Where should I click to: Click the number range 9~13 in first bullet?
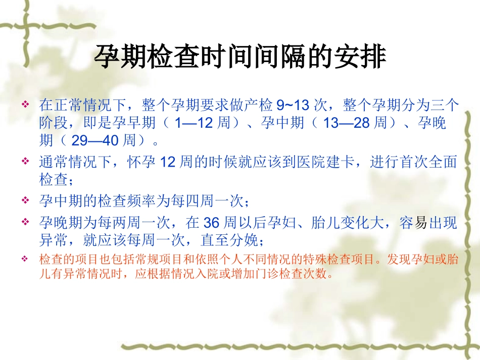click(293, 106)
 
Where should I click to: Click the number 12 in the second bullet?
click(167, 162)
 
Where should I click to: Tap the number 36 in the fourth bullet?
click(211, 223)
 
